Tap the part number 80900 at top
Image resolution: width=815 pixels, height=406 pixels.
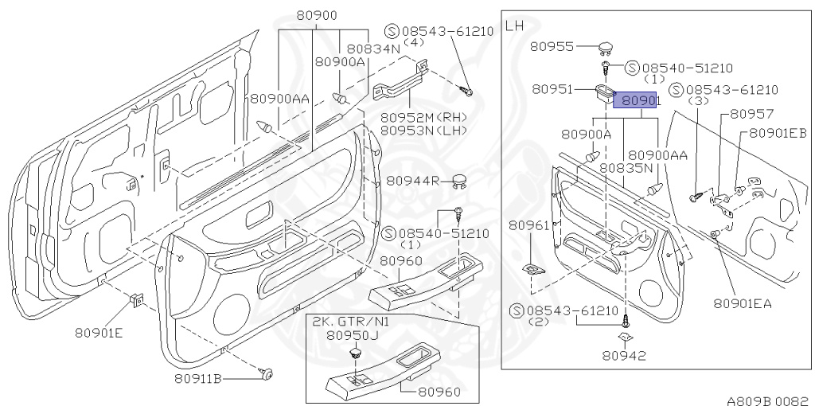point(316,15)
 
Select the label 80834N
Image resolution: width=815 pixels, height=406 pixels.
point(373,48)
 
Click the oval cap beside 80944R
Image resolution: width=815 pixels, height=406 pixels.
point(459,180)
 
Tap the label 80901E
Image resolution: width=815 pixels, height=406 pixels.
point(99,332)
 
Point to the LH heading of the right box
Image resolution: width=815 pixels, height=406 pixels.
point(515,25)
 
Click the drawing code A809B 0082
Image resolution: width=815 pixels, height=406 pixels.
point(766,400)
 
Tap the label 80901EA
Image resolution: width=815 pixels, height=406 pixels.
point(743,303)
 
